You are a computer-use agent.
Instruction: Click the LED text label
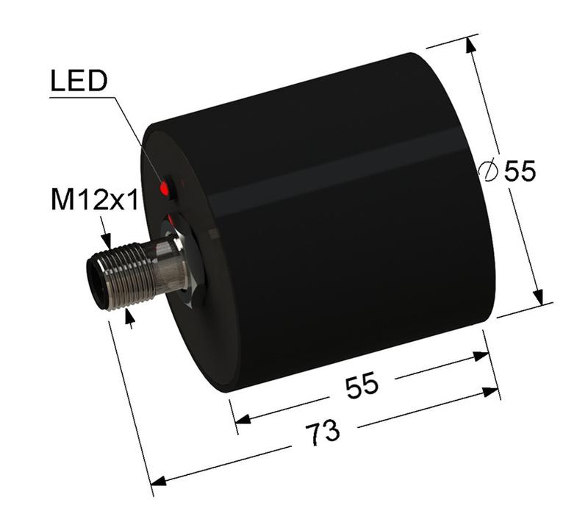pyautogui.click(x=78, y=82)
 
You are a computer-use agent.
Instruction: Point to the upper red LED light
pyautogui.click(x=165, y=189)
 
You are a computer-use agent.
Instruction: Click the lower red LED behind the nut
pyautogui.click(x=171, y=219)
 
